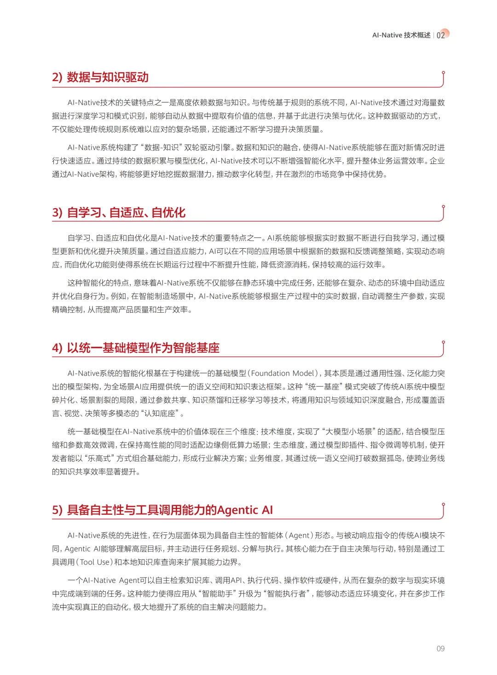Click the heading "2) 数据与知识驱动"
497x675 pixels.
tap(100, 77)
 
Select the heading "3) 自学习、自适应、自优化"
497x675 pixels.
tap(119, 213)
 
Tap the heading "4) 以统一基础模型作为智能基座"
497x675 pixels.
tap(136, 348)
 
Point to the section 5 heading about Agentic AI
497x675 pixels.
tap(162, 510)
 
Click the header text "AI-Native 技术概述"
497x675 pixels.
tap(401, 35)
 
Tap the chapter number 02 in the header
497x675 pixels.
tap(441, 35)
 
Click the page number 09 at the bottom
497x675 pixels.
tap(440, 648)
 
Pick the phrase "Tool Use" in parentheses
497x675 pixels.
tap(95, 562)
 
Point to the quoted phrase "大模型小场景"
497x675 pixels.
tap(348, 432)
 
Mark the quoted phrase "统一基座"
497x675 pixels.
tap(324, 387)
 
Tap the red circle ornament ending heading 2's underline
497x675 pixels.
tap(443, 73)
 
